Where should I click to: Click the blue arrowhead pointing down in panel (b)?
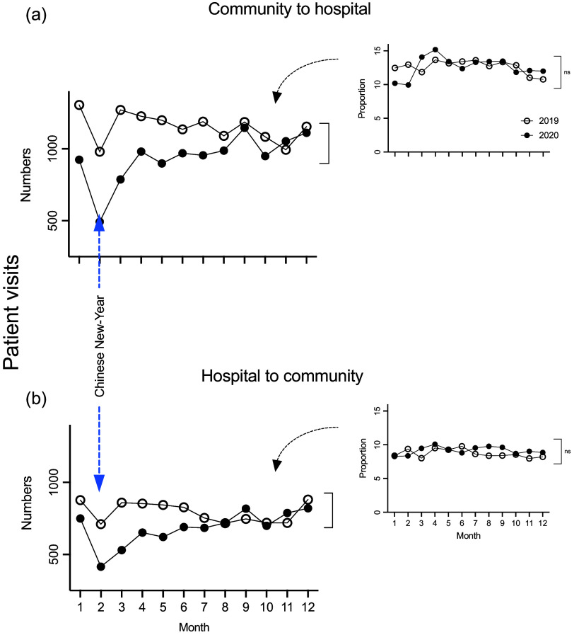pyautogui.click(x=100, y=482)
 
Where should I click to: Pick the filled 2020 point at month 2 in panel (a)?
pyautogui.click(x=100, y=222)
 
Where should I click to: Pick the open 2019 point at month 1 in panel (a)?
pyautogui.click(x=79, y=105)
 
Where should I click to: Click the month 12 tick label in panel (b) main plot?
pyautogui.click(x=307, y=607)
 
